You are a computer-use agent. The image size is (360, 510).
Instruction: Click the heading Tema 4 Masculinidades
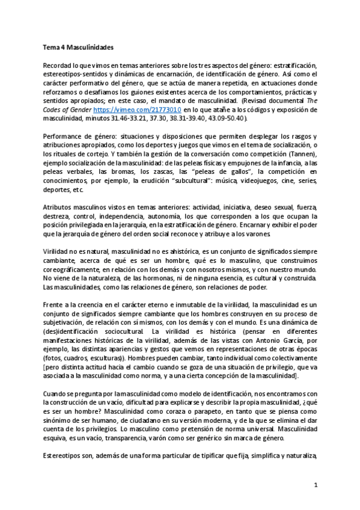[78, 46]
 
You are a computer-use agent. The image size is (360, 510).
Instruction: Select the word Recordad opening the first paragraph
[58, 64]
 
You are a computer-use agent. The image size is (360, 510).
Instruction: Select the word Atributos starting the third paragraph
[58, 207]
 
